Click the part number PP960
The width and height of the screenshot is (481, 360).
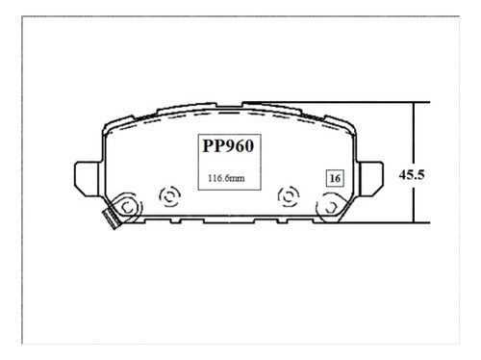coord(228,146)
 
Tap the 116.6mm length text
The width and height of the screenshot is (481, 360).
coord(226,178)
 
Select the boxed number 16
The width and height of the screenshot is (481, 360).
coord(335,178)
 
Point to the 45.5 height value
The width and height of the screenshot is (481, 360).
coord(412,175)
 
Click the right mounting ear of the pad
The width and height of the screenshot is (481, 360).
coord(371,178)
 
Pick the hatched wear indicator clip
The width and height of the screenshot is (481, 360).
coord(111,219)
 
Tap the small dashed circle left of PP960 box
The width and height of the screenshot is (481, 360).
coord(170,196)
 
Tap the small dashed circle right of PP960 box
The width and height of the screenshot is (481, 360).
coord(289,196)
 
